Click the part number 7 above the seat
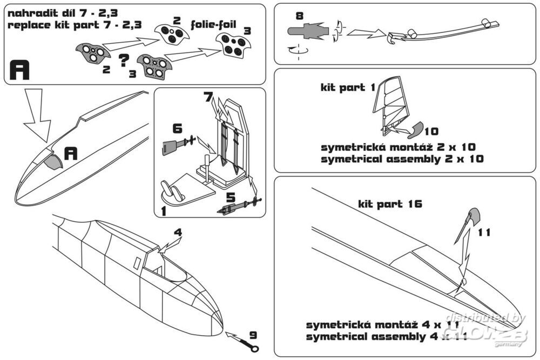208,98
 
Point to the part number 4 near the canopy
178,233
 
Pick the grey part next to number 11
474,216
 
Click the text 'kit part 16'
390,204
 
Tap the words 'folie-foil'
213,25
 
